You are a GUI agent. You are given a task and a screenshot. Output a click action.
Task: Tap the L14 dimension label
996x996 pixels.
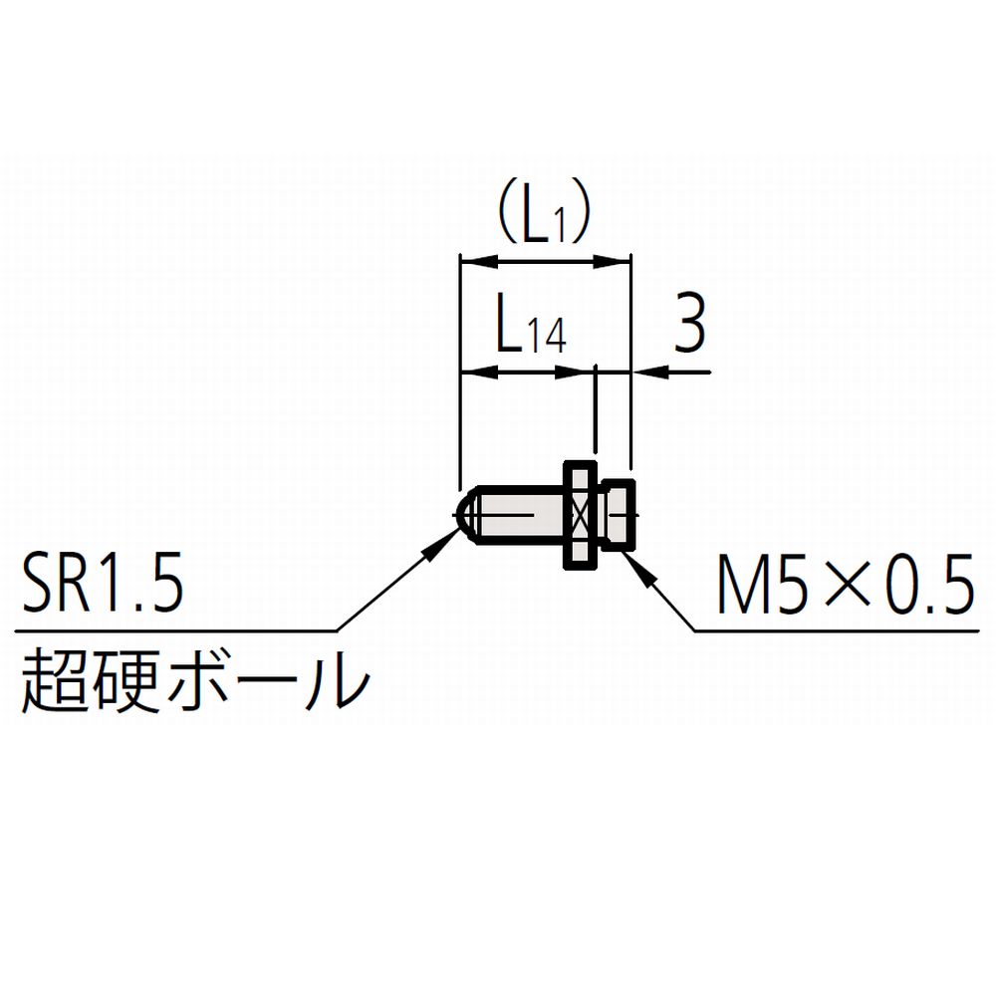531,331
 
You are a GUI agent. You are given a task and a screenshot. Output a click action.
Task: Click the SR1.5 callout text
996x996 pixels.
103,584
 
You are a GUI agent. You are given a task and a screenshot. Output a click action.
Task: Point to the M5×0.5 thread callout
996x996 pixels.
846,584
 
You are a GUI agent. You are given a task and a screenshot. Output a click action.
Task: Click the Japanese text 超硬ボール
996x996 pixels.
195,678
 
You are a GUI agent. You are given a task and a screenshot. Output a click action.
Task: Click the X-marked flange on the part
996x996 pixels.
581,515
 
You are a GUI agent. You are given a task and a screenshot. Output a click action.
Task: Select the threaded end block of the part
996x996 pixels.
619,515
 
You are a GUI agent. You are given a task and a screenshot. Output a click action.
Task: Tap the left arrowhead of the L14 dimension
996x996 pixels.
478,373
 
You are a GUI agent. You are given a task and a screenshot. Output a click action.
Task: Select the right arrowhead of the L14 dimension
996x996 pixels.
575,373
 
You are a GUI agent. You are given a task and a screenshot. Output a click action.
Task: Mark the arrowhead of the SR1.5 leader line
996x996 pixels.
441,545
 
